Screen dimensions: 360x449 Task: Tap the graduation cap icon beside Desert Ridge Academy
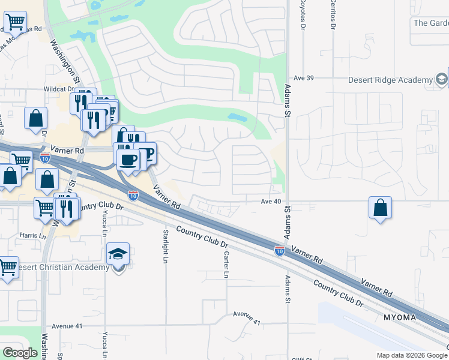point(442,79)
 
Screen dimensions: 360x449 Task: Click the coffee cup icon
point(128,160)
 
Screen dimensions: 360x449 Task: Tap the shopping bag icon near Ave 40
point(380,208)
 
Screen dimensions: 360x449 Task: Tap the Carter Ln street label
point(226,265)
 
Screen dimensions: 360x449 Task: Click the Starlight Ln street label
point(165,246)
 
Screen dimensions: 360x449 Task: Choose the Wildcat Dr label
point(58,89)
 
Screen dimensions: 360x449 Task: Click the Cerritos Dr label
point(332,14)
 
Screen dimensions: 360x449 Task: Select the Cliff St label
point(302,358)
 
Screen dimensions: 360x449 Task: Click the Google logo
point(20,353)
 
